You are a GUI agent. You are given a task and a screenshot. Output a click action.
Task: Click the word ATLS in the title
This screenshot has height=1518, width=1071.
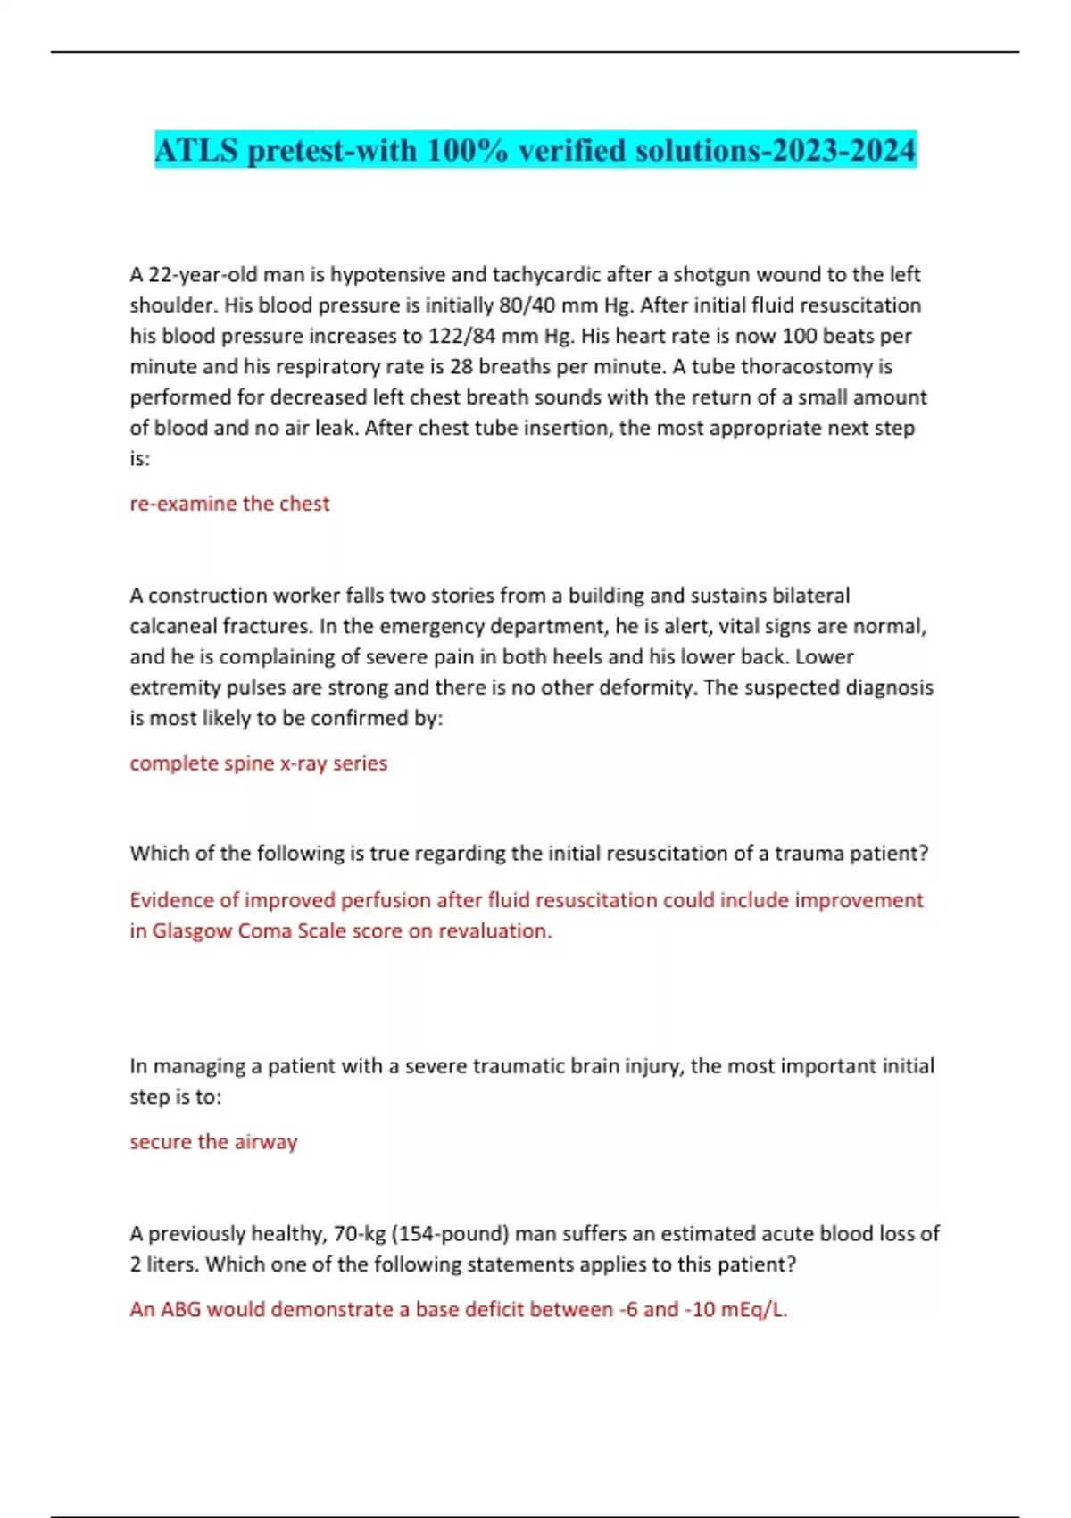pos(197,150)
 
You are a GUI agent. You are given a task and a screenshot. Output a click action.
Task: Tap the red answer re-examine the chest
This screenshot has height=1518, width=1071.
pos(229,504)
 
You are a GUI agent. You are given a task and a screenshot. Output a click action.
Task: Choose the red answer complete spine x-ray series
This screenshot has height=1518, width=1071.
pos(258,763)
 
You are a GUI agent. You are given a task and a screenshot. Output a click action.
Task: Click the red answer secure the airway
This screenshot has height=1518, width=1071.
pos(213,1142)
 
